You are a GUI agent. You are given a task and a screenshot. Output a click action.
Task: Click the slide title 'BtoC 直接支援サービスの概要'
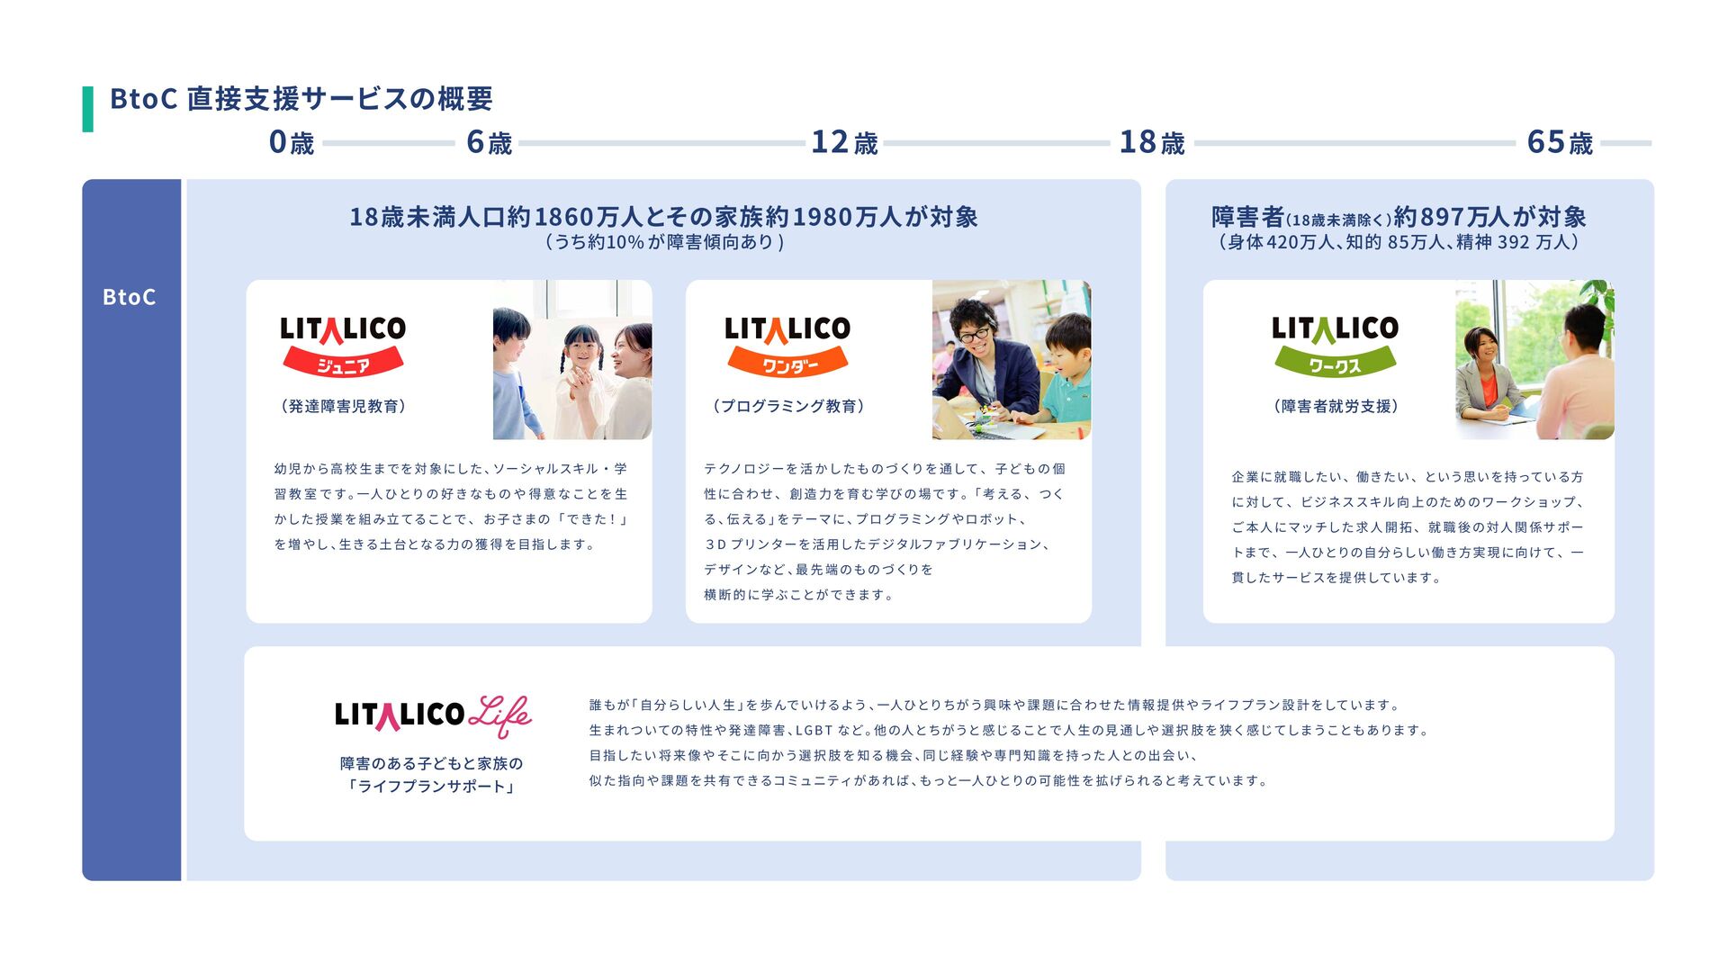[301, 98]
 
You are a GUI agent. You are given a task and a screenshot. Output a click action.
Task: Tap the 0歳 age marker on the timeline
[291, 142]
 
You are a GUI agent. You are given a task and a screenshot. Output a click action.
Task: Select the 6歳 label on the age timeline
[489, 142]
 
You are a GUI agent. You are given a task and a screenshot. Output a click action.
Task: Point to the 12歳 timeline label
[843, 142]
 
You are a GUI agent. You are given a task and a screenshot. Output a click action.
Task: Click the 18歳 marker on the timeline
[1151, 142]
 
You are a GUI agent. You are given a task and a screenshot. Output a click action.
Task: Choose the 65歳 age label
[1559, 142]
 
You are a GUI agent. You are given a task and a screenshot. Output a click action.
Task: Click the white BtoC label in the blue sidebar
[129, 297]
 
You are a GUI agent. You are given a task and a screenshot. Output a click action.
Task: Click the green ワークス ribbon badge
[1335, 364]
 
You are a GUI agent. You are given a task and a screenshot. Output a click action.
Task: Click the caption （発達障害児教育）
[343, 406]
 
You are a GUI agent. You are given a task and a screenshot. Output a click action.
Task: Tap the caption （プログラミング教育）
[788, 406]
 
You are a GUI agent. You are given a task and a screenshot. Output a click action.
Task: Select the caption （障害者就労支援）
[1336, 406]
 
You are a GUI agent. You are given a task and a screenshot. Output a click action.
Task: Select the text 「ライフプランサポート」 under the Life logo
[431, 787]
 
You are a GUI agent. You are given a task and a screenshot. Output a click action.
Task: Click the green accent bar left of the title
[87, 109]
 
